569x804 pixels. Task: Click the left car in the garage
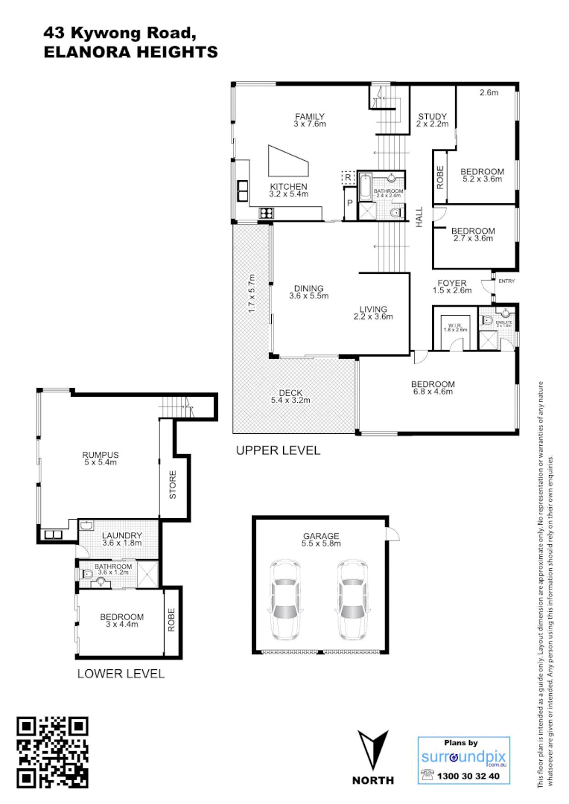coord(285,600)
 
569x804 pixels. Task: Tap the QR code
coord(53,752)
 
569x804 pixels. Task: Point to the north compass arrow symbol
coord(373,750)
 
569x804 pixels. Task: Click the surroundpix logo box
coord(464,760)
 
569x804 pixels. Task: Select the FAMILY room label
coord(310,116)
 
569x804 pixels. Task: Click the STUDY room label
coord(432,116)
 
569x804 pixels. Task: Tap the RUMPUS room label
coord(100,455)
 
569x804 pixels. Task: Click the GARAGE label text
coord(321,535)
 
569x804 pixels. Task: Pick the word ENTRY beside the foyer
coord(506,281)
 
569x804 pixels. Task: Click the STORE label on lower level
coord(172,484)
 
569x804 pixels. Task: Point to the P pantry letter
coord(348,202)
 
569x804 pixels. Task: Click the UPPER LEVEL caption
coord(278,450)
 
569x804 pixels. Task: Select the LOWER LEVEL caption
coord(121,674)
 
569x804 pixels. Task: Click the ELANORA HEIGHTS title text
coord(131,52)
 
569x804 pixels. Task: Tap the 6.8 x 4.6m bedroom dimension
coord(432,392)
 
